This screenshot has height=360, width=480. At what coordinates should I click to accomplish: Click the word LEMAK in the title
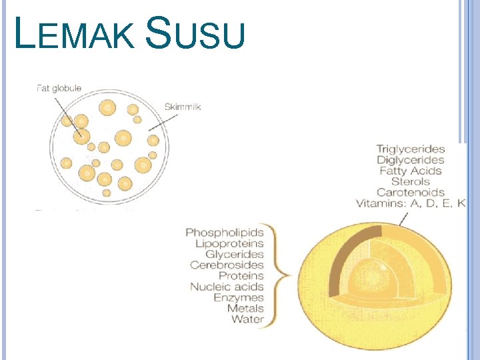(73, 35)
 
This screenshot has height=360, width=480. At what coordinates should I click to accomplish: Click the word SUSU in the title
(195, 35)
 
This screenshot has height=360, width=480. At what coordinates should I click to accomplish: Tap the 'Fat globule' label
(59, 88)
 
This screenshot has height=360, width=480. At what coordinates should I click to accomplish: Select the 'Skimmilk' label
(182, 107)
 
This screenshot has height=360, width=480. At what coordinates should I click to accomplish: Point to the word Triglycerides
(410, 149)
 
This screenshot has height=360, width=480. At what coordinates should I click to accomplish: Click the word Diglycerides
(410, 160)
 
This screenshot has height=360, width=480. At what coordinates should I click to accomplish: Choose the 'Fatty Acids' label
(411, 171)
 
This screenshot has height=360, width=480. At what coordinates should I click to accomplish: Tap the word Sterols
(411, 181)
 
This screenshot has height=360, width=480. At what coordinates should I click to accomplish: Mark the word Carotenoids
(410, 193)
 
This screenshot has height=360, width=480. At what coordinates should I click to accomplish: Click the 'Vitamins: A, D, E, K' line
(411, 203)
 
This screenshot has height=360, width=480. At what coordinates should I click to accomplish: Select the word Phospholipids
(225, 233)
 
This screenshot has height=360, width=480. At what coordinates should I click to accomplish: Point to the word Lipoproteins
(229, 244)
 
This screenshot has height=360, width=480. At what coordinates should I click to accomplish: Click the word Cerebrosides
(227, 265)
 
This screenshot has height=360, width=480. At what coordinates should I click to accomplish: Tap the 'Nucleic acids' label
(227, 287)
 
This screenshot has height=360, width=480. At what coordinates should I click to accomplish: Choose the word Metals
(245, 308)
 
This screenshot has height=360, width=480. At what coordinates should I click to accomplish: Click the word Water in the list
(247, 319)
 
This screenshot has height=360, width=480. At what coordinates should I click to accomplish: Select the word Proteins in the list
(241, 276)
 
